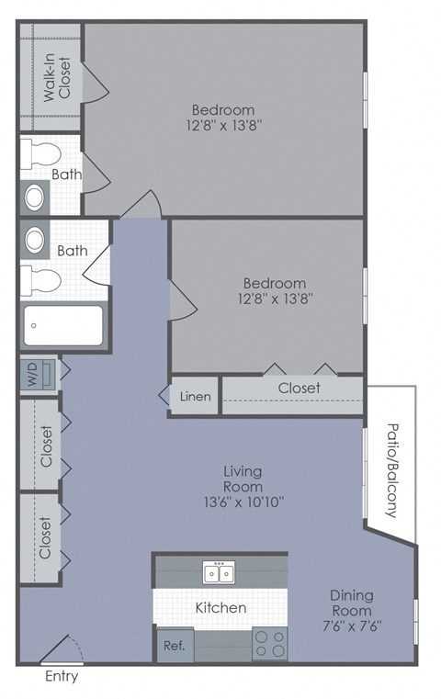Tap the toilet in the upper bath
click(40, 152)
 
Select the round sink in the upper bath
click(35, 196)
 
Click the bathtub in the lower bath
click(63, 326)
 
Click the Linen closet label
click(195, 397)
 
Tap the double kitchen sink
click(219, 573)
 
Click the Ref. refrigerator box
click(175, 645)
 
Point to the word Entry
click(61, 677)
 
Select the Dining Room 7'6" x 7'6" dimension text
click(351, 626)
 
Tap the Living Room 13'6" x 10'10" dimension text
click(243, 502)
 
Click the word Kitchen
click(220, 608)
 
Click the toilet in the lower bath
click(41, 278)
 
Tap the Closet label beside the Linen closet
click(300, 389)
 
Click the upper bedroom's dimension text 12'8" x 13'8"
click(218, 127)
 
